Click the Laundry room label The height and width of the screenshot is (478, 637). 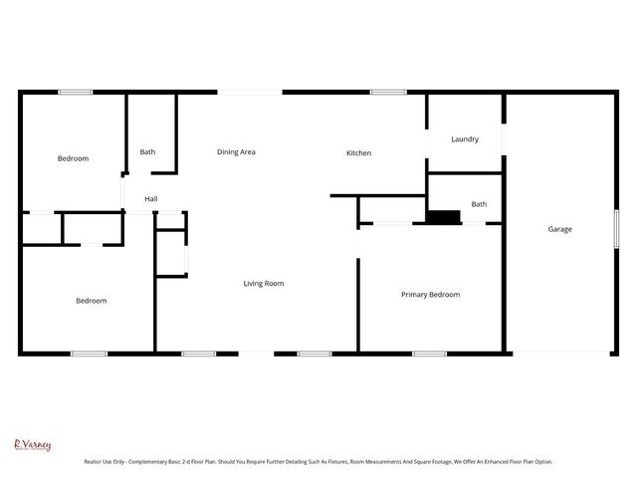click(x=465, y=139)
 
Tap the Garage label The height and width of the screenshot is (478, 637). click(x=559, y=229)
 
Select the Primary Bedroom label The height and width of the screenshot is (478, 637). click(x=430, y=295)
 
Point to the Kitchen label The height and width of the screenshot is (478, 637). click(x=358, y=153)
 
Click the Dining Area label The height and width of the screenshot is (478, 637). click(x=237, y=151)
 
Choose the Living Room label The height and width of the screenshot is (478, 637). click(x=264, y=284)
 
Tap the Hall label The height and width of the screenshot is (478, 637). click(x=151, y=199)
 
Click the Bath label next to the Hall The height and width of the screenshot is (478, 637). click(x=147, y=152)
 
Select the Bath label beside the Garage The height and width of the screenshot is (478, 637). click(x=479, y=204)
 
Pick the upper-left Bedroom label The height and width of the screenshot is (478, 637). click(x=73, y=159)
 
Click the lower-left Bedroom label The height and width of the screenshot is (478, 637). click(x=92, y=301)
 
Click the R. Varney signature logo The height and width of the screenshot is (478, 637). click(x=32, y=445)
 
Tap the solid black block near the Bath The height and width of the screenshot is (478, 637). click(x=443, y=216)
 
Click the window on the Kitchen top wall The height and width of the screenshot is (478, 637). click(x=387, y=93)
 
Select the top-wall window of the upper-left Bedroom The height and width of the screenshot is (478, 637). click(x=75, y=93)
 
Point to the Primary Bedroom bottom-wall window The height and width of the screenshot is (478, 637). click(x=429, y=353)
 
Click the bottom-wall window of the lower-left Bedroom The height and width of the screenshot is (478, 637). click(x=89, y=353)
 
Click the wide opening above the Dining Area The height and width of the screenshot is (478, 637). click(x=250, y=93)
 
